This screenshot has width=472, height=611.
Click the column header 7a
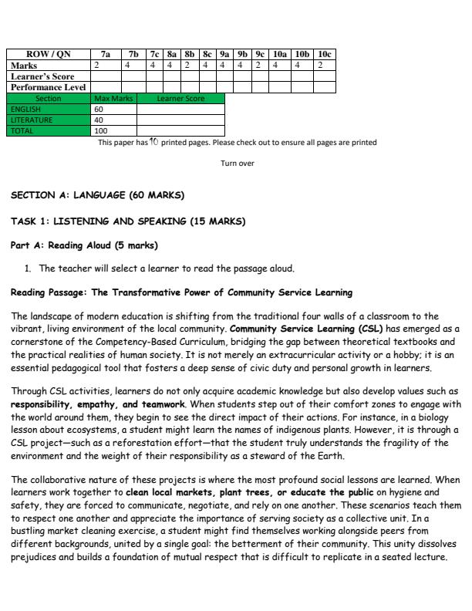(106, 56)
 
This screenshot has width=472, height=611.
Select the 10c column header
(325, 56)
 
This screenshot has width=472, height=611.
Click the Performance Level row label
(48, 88)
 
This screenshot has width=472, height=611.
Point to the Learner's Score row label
(42, 77)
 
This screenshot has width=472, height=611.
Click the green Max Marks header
(113, 99)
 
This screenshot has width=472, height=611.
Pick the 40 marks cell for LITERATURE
(99, 120)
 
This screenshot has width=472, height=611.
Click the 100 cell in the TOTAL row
(100, 131)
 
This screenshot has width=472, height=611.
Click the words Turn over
(237, 164)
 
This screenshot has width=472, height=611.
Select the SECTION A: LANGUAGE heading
(97, 195)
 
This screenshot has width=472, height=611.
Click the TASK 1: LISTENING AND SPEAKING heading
(128, 221)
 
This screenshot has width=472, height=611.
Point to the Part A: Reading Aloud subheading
(84, 246)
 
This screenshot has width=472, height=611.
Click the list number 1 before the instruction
(29, 268)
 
